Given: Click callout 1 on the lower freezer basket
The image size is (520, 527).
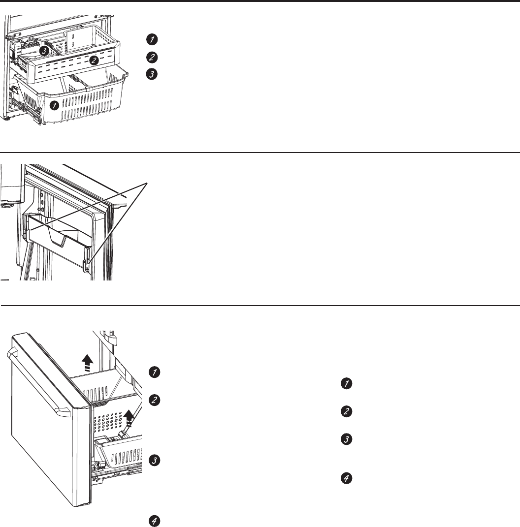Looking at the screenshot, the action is tap(53, 105).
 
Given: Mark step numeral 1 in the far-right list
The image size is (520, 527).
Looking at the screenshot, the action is tap(347, 384).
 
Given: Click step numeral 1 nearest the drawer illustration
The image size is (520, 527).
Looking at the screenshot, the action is tap(155, 372).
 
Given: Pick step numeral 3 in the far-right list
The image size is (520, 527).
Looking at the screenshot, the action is tap(347, 440).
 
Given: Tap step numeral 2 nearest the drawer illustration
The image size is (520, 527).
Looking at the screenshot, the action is tap(155, 401).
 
